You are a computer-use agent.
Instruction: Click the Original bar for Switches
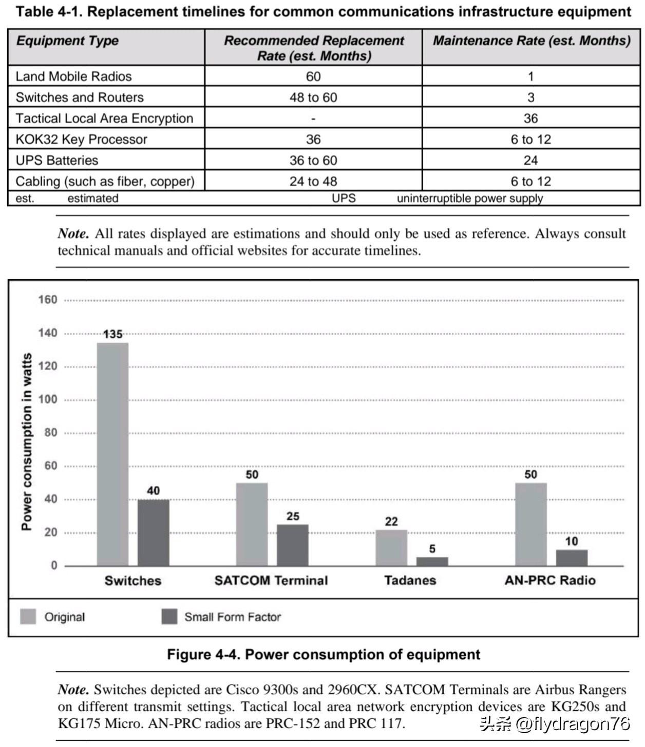[x=112, y=454]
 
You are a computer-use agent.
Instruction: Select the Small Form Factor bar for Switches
[x=153, y=533]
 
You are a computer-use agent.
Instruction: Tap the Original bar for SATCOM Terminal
[x=252, y=524]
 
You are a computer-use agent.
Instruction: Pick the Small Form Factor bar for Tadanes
[x=432, y=561]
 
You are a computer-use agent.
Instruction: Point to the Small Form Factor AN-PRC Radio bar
[x=572, y=558]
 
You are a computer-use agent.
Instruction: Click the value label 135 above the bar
[x=113, y=335]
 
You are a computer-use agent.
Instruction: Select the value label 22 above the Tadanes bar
[x=391, y=522]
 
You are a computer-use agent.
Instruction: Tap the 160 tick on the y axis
[x=47, y=300]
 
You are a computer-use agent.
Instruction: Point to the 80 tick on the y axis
[x=50, y=433]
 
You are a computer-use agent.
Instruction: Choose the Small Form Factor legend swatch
[x=169, y=617]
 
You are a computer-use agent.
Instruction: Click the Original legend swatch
[x=28, y=617]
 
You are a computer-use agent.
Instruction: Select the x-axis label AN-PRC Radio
[x=550, y=580]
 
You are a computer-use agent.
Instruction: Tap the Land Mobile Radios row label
[x=74, y=76]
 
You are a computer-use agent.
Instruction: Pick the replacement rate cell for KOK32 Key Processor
[x=313, y=140]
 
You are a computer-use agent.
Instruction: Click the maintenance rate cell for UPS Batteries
[x=530, y=161]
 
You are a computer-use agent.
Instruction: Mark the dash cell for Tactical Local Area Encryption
[x=313, y=119]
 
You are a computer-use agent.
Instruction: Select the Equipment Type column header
[x=67, y=41]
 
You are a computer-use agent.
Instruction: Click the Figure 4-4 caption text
[x=324, y=655]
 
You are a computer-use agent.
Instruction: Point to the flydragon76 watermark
[x=555, y=724]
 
